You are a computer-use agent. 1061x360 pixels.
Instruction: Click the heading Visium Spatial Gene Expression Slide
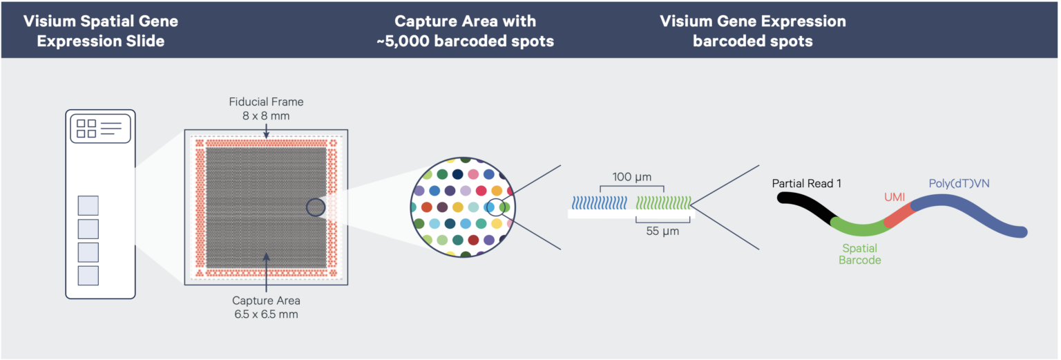tap(101, 31)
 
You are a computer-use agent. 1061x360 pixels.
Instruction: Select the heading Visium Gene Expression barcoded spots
tap(752, 31)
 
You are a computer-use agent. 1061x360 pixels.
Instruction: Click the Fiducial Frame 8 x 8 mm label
tap(266, 108)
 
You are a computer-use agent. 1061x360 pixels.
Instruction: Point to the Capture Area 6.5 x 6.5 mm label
tap(266, 307)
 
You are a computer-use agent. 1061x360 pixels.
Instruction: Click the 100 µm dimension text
tap(633, 177)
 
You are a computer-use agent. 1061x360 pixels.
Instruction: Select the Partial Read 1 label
tap(807, 184)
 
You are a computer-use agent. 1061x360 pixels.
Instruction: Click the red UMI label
tap(895, 197)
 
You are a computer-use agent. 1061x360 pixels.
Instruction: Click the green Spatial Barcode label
tap(859, 254)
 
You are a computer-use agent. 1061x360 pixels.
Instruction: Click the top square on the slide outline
tap(88, 205)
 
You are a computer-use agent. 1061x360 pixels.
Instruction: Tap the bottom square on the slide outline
tap(88, 276)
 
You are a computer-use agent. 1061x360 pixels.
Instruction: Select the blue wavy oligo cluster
tap(599, 202)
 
